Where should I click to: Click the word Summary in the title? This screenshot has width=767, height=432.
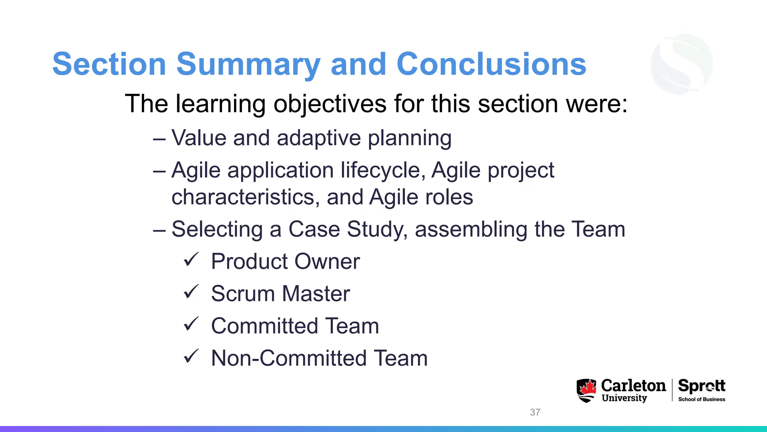click(x=248, y=64)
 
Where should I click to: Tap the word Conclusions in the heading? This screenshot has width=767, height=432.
click(x=491, y=64)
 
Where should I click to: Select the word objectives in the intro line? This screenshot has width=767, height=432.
click(x=330, y=104)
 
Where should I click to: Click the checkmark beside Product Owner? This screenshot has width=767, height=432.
click(x=191, y=259)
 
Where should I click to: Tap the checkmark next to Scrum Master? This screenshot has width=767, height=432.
click(x=191, y=292)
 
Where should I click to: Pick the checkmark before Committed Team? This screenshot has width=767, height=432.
click(x=191, y=324)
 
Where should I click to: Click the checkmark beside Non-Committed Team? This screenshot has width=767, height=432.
click(x=191, y=356)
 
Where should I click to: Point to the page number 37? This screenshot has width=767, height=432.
click(x=535, y=412)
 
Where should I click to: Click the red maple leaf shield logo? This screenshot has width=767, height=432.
click(x=586, y=390)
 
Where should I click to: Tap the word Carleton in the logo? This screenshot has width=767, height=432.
click(x=633, y=385)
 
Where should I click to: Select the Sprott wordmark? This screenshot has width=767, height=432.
click(x=701, y=386)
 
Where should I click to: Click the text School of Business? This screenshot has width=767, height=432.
click(x=701, y=399)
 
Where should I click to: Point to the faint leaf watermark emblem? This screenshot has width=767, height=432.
click(x=682, y=64)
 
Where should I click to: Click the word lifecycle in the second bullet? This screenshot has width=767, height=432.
click(x=383, y=171)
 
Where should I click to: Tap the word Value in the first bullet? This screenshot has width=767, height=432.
click(x=199, y=138)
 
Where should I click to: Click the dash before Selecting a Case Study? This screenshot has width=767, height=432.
click(x=159, y=230)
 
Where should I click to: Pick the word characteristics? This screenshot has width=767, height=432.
click(x=245, y=197)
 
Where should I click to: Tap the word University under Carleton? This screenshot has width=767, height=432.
click(x=624, y=398)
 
